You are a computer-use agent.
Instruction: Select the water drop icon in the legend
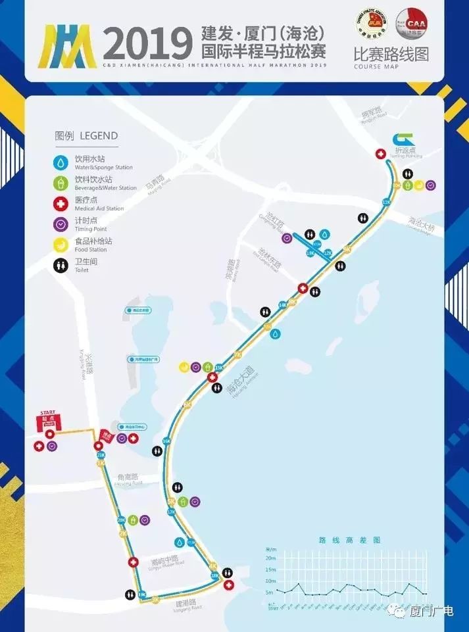click(61, 160)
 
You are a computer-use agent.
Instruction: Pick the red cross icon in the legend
click(61, 203)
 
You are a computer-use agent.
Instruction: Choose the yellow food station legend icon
click(61, 245)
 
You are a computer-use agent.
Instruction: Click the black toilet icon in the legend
click(61, 266)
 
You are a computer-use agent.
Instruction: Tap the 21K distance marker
click(101, 454)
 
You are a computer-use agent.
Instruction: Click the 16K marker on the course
click(167, 441)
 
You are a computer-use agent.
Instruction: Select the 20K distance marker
click(121, 520)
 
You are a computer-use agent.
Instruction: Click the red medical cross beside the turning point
click(380, 154)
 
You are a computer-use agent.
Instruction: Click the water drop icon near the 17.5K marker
click(178, 543)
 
